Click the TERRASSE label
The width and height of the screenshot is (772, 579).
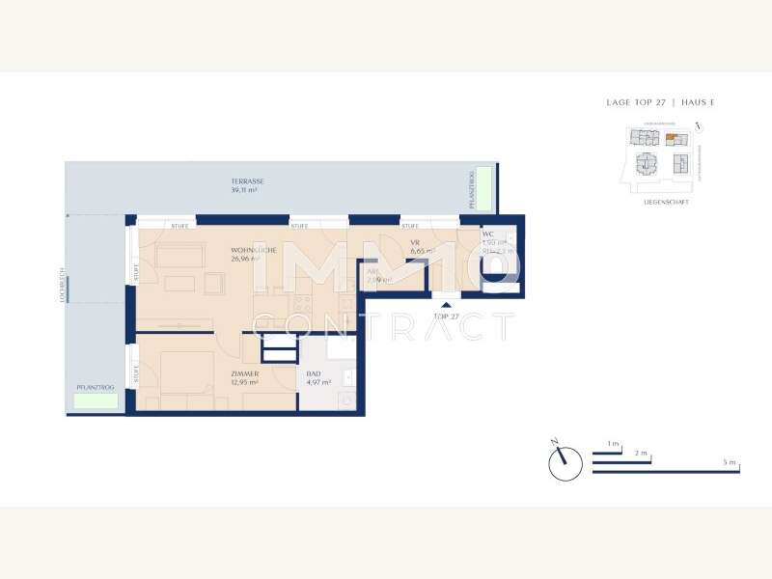point(247,181)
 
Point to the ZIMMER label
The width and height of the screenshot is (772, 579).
point(244,373)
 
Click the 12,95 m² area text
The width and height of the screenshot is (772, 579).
point(244,382)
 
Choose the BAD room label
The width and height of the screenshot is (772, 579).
point(313,373)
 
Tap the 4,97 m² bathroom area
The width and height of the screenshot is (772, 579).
point(318,382)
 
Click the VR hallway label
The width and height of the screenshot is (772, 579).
point(415,242)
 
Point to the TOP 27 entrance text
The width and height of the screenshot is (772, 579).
point(446,316)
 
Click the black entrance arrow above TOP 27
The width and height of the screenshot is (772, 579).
point(446,305)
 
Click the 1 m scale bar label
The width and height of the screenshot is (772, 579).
point(613,444)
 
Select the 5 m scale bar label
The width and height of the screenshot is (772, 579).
point(730,463)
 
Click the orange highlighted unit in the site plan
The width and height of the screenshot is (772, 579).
point(670,140)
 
